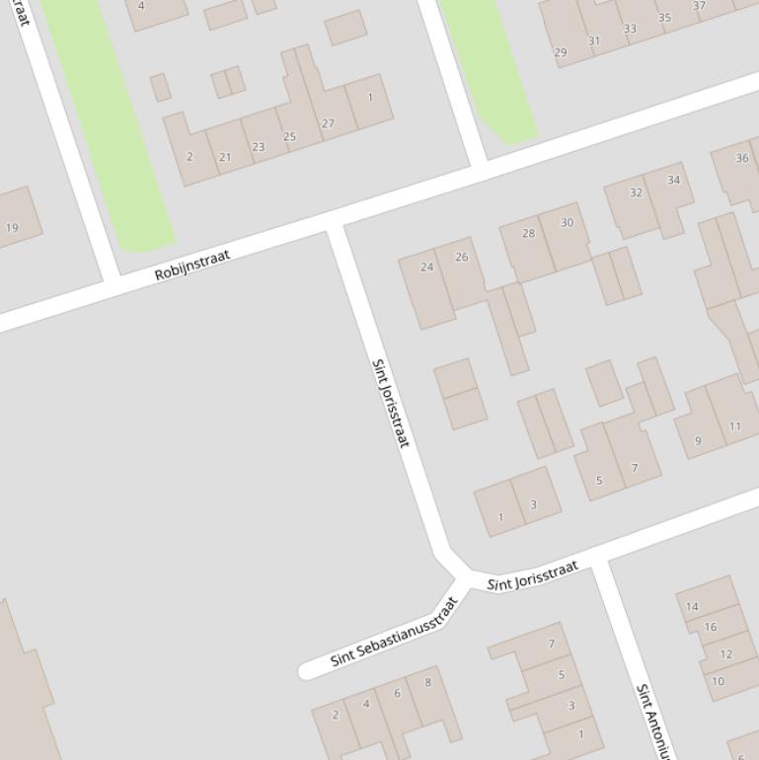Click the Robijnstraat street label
coord(192,265)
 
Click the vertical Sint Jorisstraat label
coord(390,403)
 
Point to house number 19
coord(12,228)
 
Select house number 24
coord(426,266)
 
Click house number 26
coord(461,257)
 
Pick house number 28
coord(528,234)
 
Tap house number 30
coord(567,223)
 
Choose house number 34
coord(673,180)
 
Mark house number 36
coord(742,158)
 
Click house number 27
coord(328,123)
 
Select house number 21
coord(225,157)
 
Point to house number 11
coord(734,426)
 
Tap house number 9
coord(698,441)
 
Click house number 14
coord(692,607)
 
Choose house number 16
coord(711,627)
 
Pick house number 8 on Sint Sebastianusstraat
coord(427,682)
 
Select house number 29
coord(561,52)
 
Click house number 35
coord(664,18)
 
